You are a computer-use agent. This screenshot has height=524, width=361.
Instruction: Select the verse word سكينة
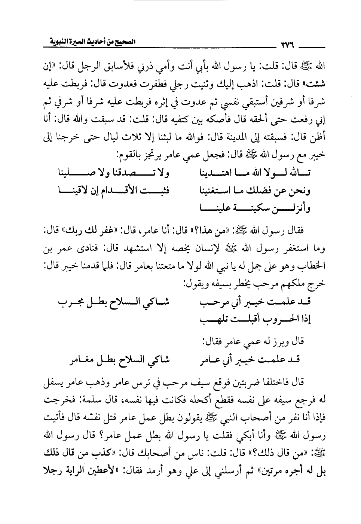[x=251, y=207]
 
